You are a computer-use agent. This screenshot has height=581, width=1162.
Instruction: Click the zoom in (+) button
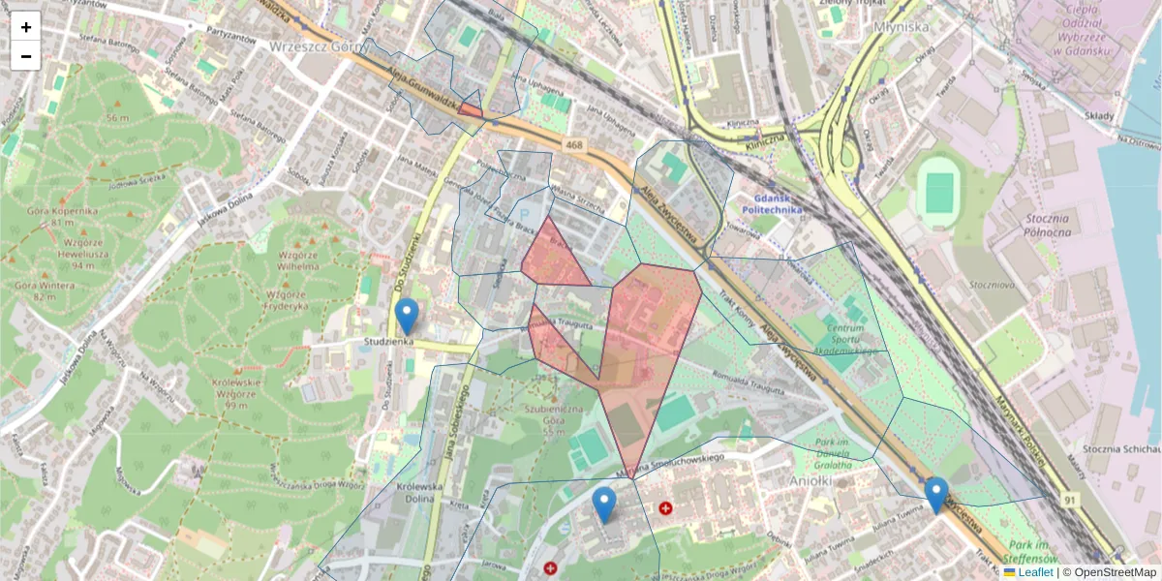point(26,27)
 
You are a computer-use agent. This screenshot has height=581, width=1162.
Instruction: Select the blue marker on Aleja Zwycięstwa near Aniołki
point(935,494)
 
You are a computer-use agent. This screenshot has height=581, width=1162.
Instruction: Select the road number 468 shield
point(574,145)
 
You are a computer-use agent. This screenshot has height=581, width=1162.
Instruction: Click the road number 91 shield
point(1069,500)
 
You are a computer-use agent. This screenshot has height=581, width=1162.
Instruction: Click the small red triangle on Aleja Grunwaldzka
point(470,108)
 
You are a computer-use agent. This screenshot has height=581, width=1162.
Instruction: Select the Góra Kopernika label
point(51,216)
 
